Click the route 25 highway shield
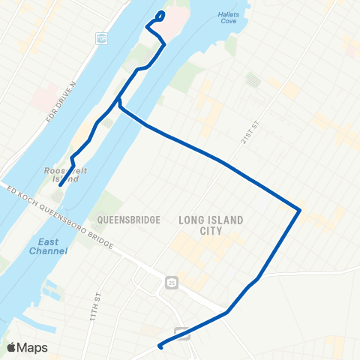pyautogui.click(x=172, y=283)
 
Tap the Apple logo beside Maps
pyautogui.click(x=12, y=347)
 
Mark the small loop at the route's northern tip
pyautogui.click(x=159, y=17)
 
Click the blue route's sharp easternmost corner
pyautogui.click(x=300, y=210)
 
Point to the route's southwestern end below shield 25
pyautogui.click(x=160, y=346)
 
